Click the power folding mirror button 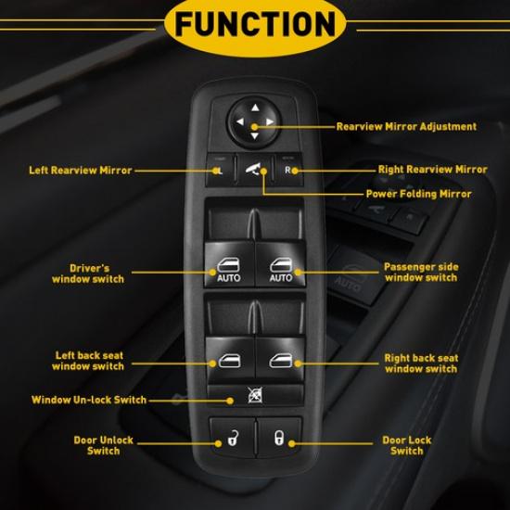254,169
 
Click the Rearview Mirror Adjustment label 406,126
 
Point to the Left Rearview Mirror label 80,171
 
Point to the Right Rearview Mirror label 432,170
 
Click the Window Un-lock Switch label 88,401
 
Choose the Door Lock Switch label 406,446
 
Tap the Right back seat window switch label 421,363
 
